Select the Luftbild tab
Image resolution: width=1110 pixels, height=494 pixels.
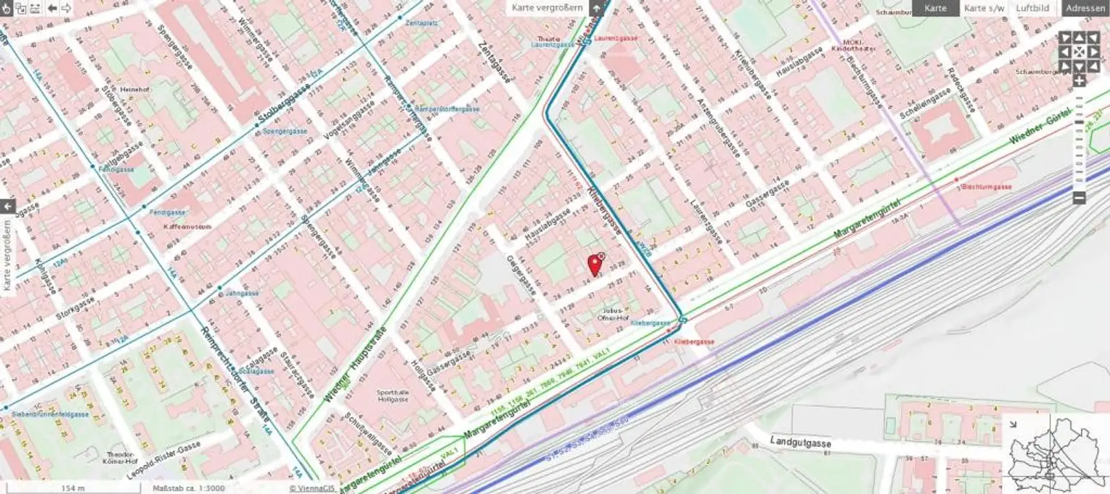click(1032, 8)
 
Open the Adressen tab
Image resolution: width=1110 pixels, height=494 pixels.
click(1085, 8)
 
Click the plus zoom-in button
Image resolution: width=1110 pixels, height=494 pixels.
click(1079, 81)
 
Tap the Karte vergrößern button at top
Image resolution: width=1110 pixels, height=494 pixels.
click(546, 8)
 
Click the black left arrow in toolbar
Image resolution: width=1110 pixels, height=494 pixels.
click(52, 8)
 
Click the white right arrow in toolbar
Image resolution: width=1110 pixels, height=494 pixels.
click(66, 8)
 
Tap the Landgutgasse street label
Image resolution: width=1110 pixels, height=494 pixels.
click(800, 443)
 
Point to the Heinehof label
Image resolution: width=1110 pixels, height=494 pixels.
click(137, 90)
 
